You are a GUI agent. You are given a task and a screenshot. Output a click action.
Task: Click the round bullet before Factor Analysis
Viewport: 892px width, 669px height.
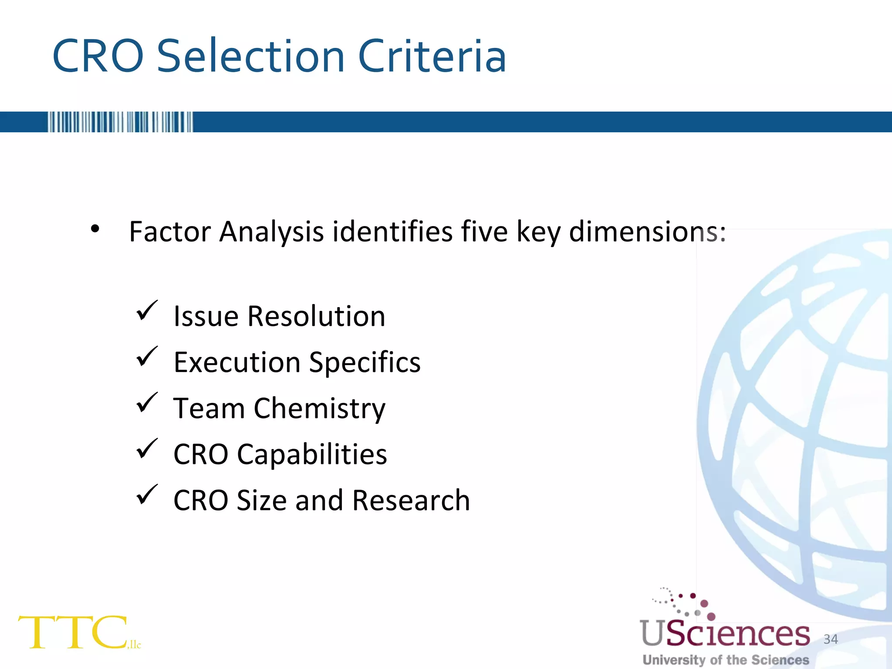click(x=95, y=229)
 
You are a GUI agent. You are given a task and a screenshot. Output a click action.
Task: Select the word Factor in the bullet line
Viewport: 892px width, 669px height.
click(x=170, y=231)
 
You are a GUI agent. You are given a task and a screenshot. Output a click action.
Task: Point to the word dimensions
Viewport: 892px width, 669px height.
click(x=647, y=231)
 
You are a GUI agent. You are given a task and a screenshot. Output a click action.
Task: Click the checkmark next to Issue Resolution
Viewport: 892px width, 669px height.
click(x=147, y=311)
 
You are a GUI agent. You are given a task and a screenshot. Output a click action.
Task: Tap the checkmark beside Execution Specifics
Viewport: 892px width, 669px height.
click(x=147, y=357)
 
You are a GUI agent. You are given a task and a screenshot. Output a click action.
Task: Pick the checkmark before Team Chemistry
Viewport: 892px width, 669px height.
click(x=147, y=403)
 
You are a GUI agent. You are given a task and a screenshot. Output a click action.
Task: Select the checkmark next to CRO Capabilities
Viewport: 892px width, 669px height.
click(x=147, y=449)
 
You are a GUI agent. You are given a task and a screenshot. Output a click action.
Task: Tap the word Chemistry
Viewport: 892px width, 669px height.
click(x=320, y=409)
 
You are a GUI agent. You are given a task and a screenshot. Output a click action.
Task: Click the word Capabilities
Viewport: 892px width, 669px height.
click(x=312, y=454)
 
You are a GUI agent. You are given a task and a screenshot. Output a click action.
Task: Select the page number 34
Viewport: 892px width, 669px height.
click(x=831, y=639)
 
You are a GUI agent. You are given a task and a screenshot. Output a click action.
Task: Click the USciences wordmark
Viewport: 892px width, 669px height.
click(x=725, y=633)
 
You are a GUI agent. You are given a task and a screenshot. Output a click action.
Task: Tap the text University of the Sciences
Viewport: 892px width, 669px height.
click(x=726, y=660)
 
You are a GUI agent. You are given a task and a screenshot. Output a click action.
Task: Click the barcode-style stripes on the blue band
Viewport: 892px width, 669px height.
click(x=120, y=122)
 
